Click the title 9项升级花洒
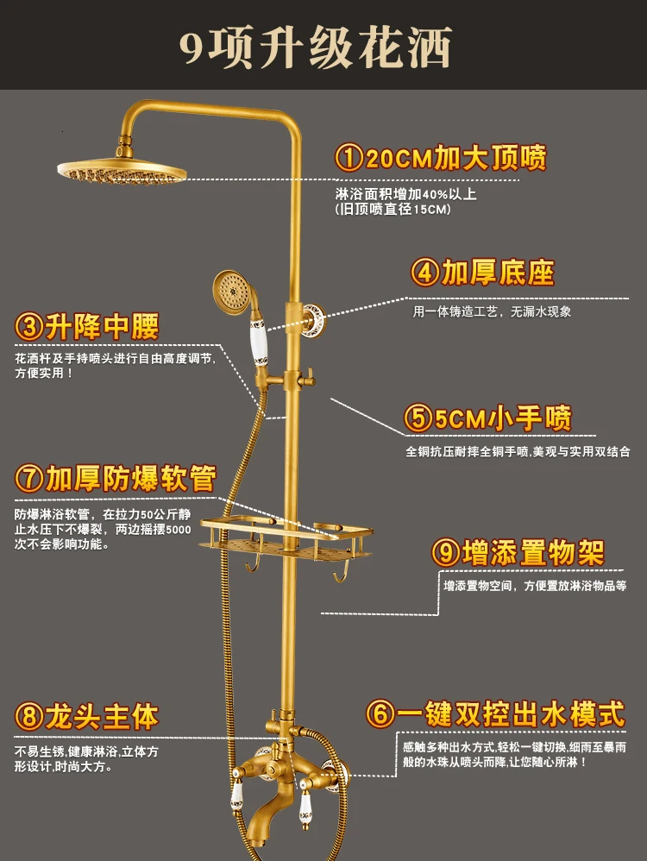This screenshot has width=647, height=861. point(316,47)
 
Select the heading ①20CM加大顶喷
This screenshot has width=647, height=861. point(441,158)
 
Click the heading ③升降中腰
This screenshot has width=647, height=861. point(88,326)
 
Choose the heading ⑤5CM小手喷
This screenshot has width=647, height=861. point(488,418)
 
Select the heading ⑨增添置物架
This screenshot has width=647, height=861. point(518,552)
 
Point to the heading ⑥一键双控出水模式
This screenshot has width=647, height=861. point(494,713)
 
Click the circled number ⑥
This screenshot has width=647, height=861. point(380,713)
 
